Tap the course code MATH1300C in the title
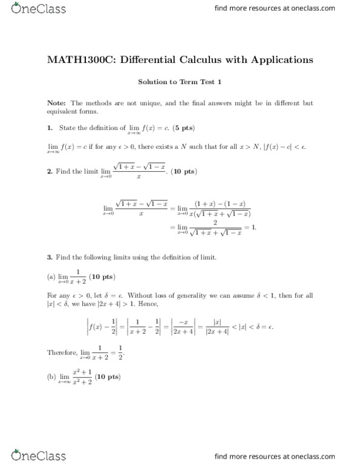pyautogui.click(x=77, y=60)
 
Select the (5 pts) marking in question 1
pyautogui.click(x=183, y=128)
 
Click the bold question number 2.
pyautogui.click(x=49, y=172)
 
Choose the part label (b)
pyautogui.click(x=51, y=377)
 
